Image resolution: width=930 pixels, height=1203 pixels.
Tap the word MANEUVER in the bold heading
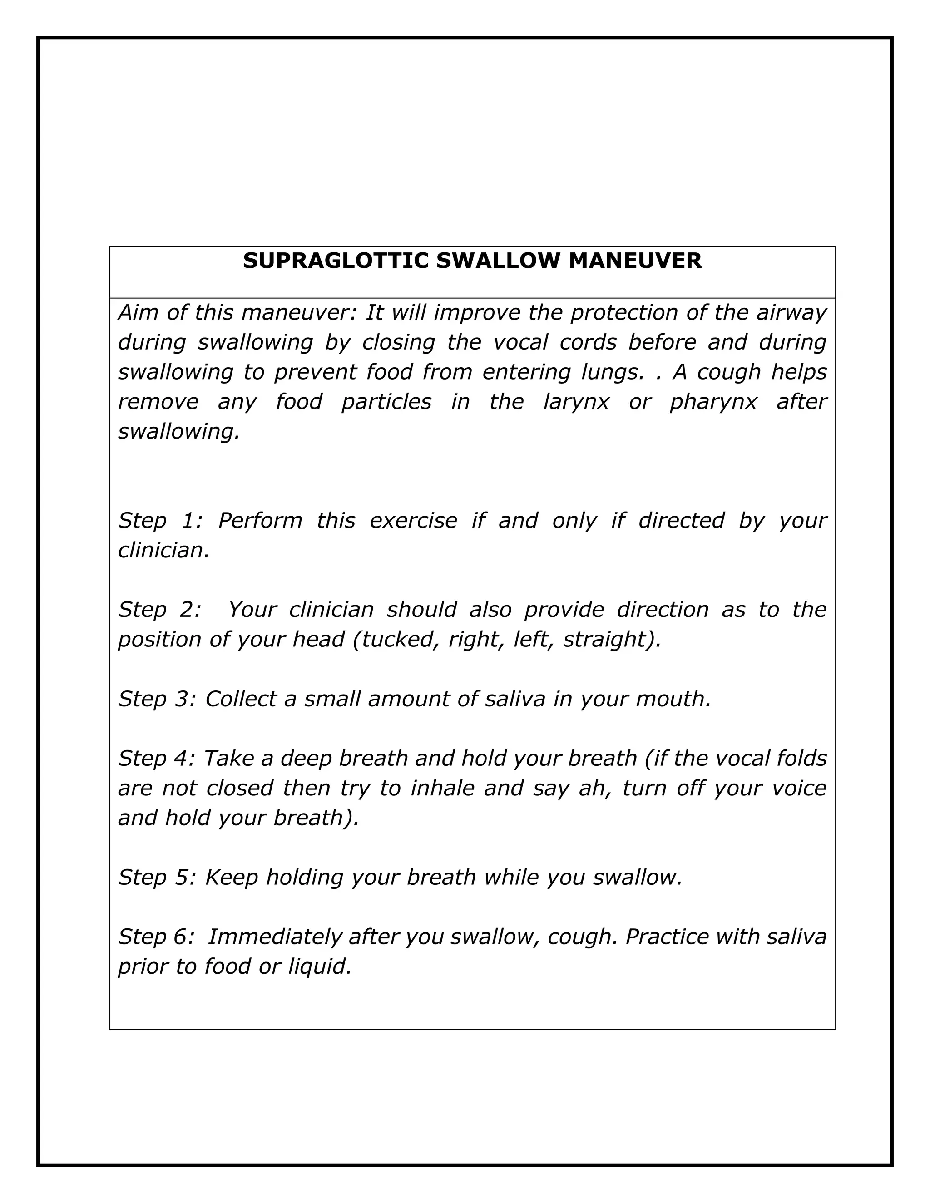tap(635, 261)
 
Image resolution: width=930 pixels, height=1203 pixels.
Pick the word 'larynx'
tap(576, 402)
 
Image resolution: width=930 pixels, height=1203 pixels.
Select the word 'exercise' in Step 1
tap(413, 521)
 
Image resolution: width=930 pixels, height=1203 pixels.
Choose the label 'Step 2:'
tap(160, 610)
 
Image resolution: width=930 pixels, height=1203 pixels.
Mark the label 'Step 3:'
tap(157, 699)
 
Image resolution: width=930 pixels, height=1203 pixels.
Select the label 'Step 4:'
tap(157, 759)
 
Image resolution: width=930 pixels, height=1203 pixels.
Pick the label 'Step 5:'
tap(157, 878)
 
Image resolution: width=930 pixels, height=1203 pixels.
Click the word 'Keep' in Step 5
tap(232, 878)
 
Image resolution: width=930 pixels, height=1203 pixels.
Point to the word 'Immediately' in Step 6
tap(275, 937)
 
